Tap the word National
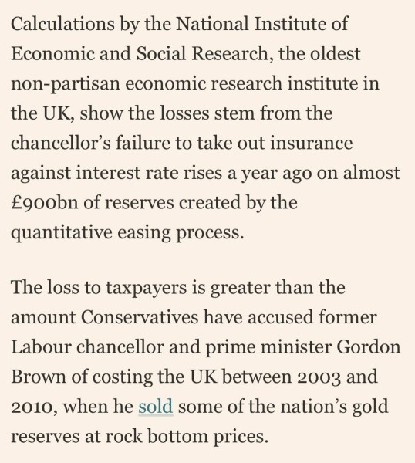click(x=211, y=25)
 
